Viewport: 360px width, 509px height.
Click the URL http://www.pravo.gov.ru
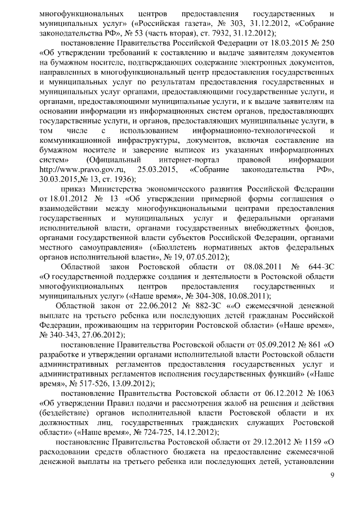[79, 169]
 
